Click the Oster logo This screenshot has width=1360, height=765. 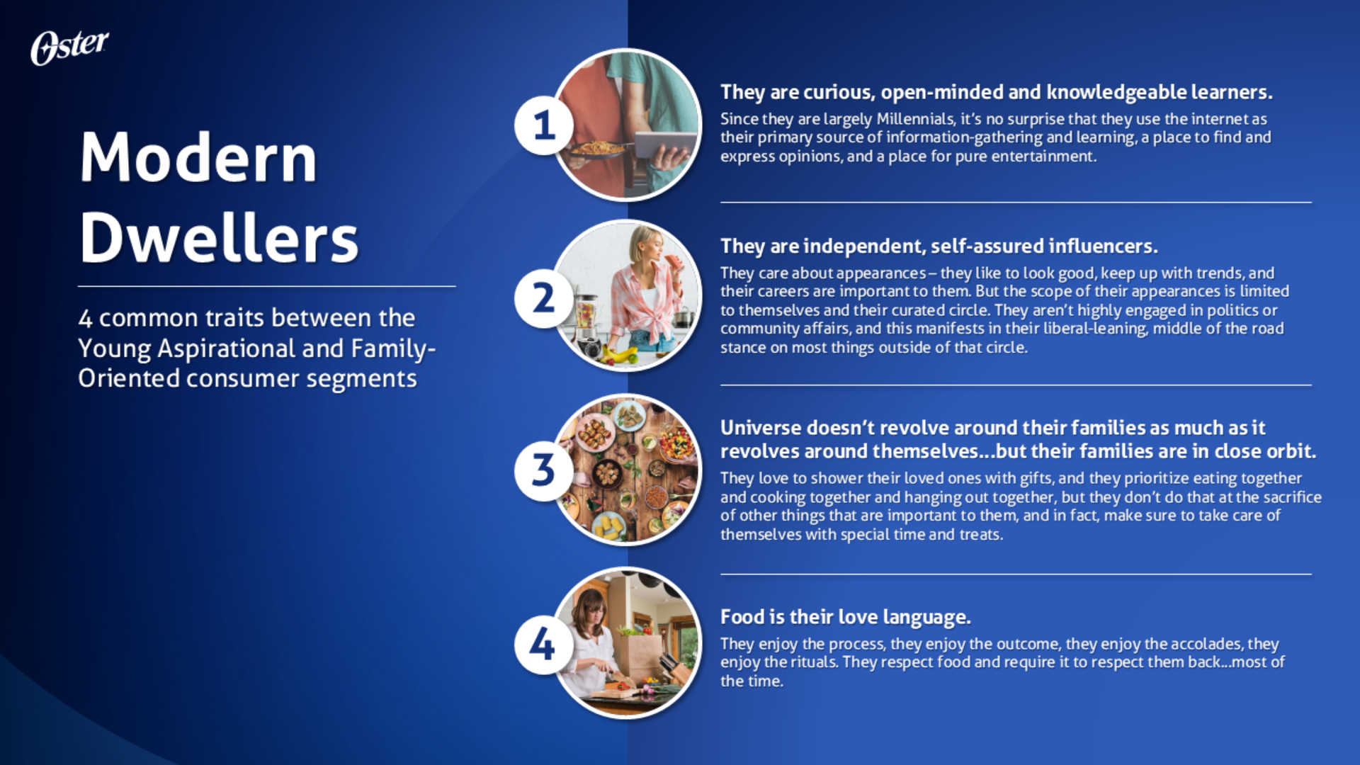tap(69, 47)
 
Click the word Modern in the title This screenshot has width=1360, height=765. tap(198, 158)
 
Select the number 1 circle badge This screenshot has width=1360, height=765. tap(543, 125)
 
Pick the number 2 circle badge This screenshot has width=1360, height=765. tap(543, 297)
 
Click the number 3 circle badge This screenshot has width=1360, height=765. tap(543, 470)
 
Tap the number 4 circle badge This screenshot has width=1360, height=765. tap(543, 644)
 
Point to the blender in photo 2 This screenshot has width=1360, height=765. tap(587, 327)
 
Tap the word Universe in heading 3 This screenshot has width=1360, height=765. tap(761, 428)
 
